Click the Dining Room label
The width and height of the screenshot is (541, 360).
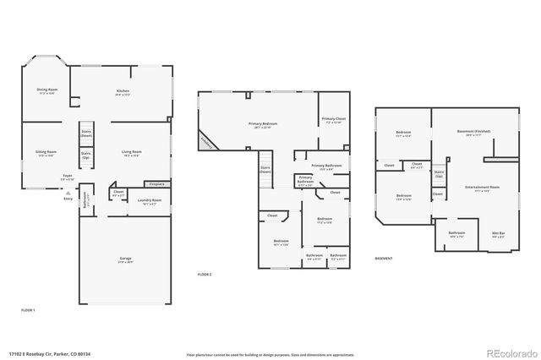(46, 90)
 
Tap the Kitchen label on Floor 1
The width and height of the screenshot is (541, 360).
(123, 92)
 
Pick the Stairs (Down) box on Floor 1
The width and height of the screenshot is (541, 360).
(85, 134)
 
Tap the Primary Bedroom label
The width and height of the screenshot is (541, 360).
(263, 126)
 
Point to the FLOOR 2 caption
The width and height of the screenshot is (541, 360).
(205, 275)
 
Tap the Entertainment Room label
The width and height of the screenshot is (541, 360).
(482, 188)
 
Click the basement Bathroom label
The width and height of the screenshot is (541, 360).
(456, 234)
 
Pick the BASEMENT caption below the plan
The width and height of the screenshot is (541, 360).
(384, 258)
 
